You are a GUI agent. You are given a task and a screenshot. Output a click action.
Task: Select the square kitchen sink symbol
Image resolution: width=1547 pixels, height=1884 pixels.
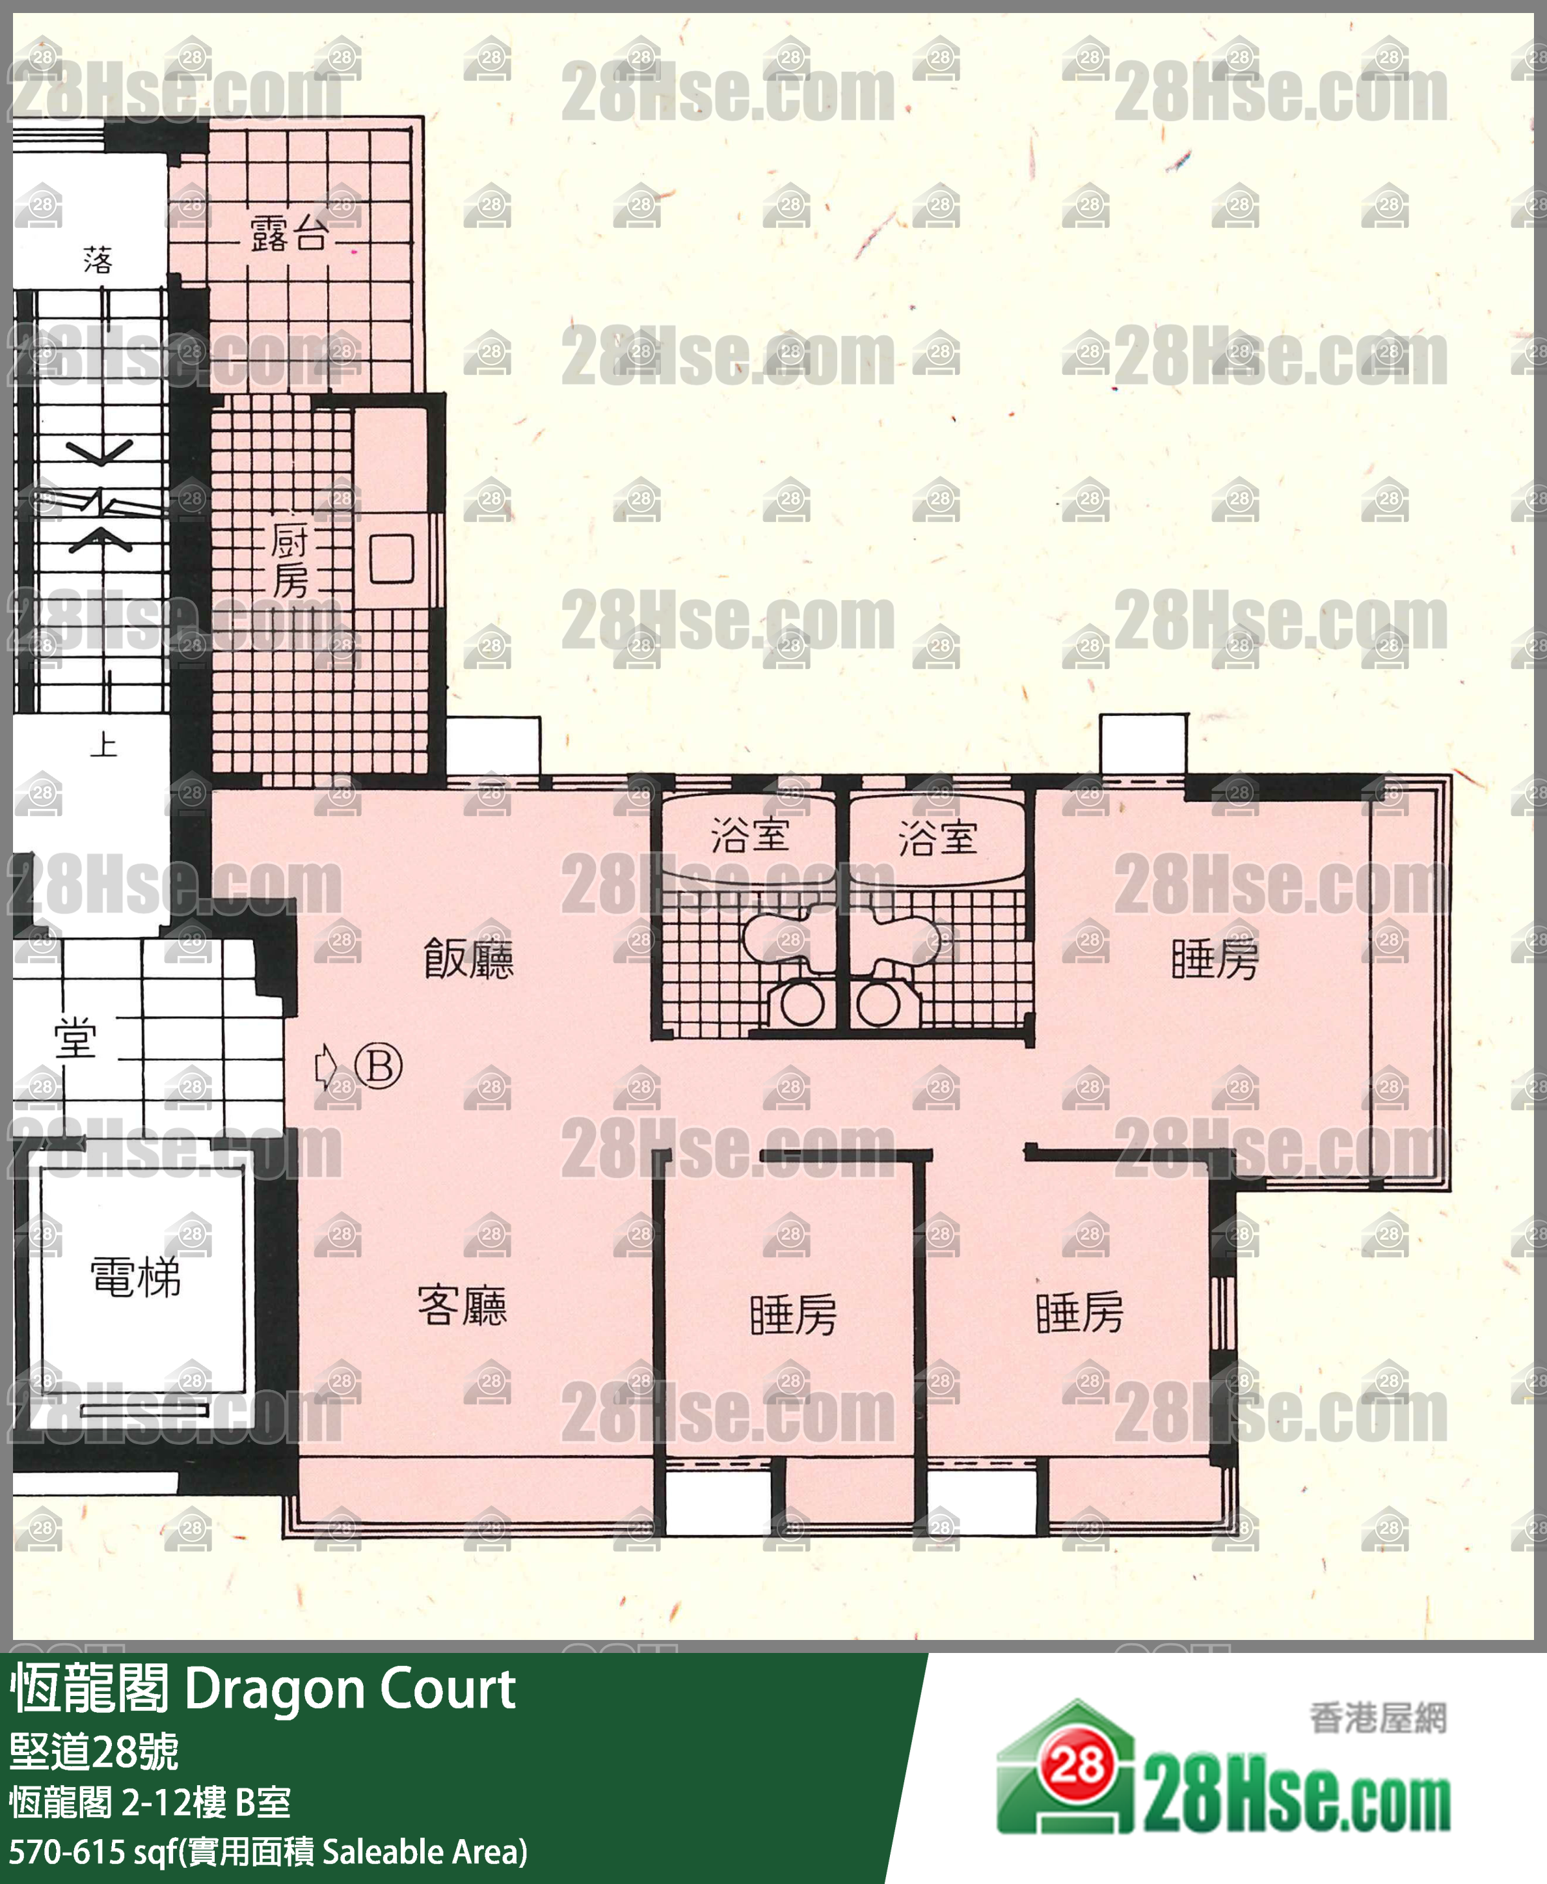(x=392, y=559)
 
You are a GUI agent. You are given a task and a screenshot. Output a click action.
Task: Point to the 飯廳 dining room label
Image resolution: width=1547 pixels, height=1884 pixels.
(x=469, y=959)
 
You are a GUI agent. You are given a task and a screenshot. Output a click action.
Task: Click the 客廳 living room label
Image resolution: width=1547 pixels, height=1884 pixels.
(x=463, y=1305)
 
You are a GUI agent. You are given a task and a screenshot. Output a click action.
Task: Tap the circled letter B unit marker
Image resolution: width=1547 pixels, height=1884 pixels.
(x=379, y=1065)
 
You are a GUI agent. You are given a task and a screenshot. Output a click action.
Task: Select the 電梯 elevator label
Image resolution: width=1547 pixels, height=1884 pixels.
(x=135, y=1276)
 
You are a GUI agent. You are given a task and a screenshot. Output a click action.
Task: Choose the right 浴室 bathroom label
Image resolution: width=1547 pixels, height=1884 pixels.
(x=937, y=838)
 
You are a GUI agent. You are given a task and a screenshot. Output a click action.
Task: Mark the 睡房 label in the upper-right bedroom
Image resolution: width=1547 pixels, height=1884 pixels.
(x=1215, y=959)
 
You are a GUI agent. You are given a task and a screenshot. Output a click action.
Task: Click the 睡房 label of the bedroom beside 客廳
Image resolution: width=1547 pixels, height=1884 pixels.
(x=793, y=1315)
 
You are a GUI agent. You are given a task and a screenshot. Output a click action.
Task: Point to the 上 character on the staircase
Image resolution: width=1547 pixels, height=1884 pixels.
(x=103, y=743)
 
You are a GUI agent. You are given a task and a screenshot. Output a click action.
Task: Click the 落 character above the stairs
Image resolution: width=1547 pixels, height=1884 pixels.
(x=98, y=260)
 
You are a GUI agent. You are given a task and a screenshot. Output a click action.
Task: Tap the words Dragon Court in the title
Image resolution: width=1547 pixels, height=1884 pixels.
(x=350, y=1689)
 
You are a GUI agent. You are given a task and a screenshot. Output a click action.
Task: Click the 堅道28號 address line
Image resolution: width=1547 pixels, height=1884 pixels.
(x=94, y=1751)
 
